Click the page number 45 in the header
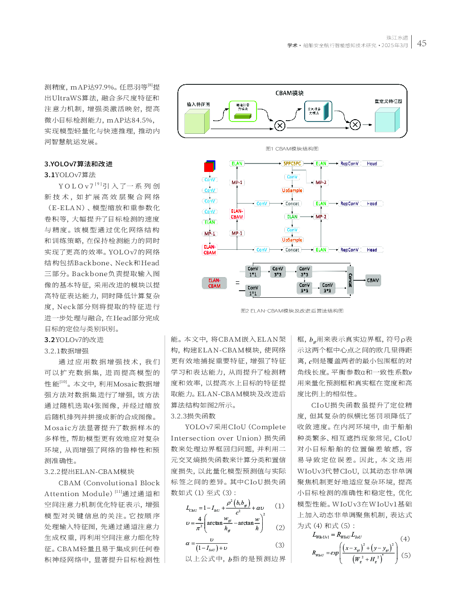[421, 43]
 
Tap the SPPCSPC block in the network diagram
[292, 163]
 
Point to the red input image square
[209, 167]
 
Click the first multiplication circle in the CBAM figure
[280, 125]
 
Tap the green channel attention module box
[242, 111]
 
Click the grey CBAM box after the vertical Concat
[373, 280]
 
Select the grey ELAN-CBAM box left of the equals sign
[214, 283]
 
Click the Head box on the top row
[372, 163]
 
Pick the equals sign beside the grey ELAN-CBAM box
[237, 283]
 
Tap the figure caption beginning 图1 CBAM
[292, 149]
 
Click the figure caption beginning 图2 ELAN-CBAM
[292, 311]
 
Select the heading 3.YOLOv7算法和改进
[78, 164]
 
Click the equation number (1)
[280, 506]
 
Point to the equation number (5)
[406, 555]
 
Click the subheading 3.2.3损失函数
[193, 416]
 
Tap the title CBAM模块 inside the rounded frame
[290, 93]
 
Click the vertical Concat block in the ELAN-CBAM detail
[350, 280]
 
